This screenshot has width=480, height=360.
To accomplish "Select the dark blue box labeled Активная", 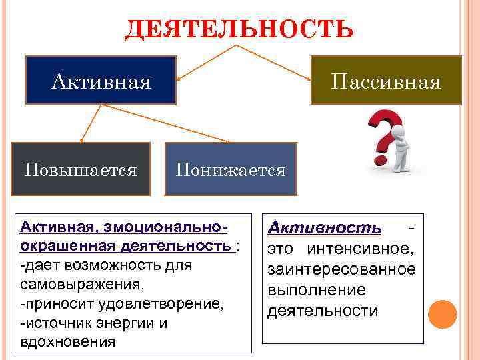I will [101, 81].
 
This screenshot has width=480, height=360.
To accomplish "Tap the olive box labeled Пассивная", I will [386, 81].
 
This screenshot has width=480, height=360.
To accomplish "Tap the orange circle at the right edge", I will [442, 313].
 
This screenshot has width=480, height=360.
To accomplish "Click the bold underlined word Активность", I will [325, 229].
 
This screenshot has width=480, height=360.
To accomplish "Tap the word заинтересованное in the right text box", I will [341, 270].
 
